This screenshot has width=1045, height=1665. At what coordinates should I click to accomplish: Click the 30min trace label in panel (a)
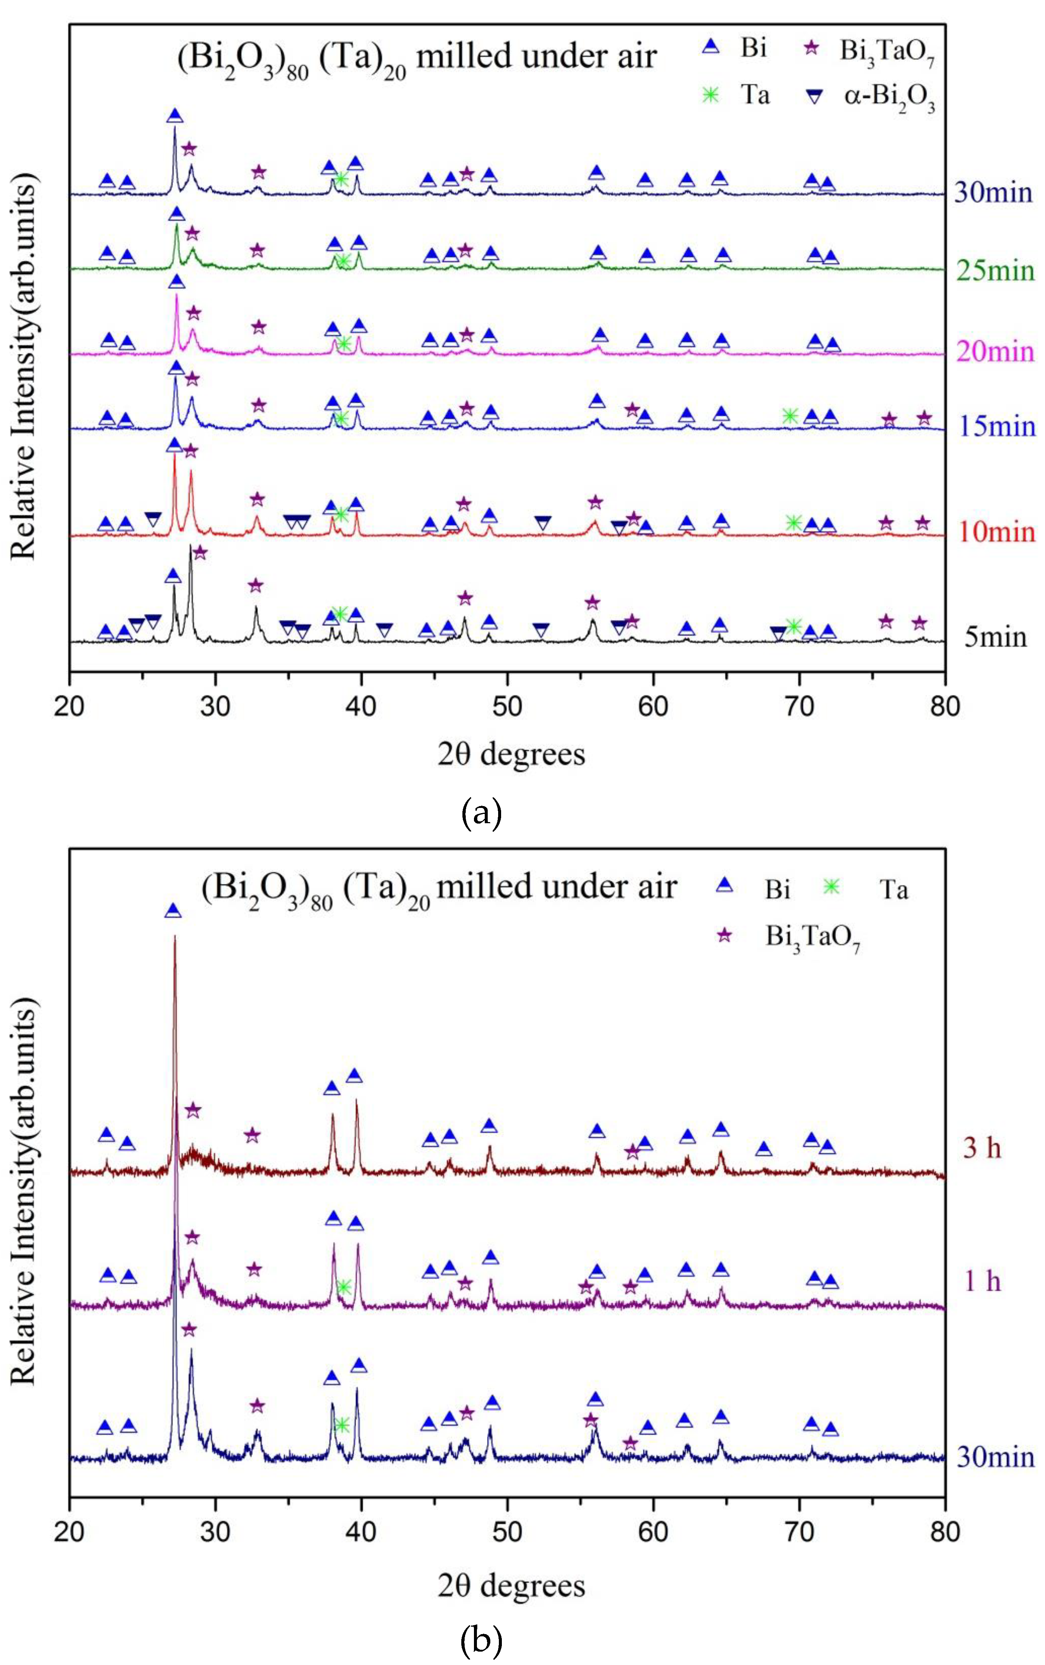(994, 191)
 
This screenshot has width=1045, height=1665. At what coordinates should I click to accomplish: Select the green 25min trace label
(995, 270)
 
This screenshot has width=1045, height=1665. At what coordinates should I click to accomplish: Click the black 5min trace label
(995, 636)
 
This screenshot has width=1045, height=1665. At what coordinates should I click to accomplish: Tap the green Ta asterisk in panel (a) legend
(711, 94)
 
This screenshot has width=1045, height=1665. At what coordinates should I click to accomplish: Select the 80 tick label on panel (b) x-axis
(945, 1532)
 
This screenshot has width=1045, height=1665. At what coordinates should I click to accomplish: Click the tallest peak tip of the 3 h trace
(175, 937)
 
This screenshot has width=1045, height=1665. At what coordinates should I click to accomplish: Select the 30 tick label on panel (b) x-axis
(215, 1532)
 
